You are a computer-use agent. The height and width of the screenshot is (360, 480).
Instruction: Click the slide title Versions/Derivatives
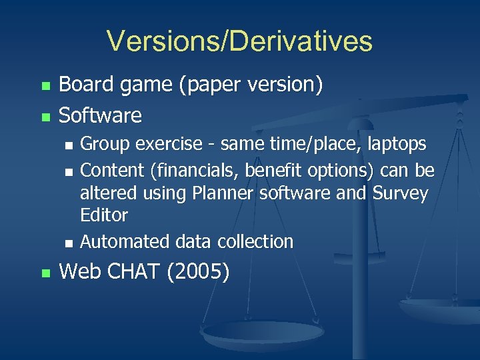(239, 41)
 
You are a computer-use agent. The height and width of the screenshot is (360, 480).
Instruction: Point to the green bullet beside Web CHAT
(45, 273)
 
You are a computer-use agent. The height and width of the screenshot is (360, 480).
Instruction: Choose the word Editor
(103, 216)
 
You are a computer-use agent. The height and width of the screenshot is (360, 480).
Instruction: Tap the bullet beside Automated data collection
(68, 242)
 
